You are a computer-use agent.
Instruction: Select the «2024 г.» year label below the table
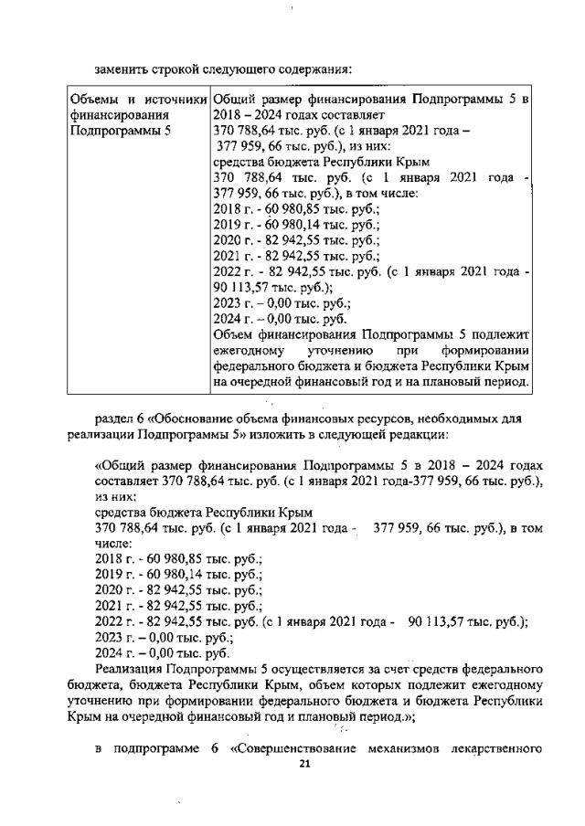[113, 653]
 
